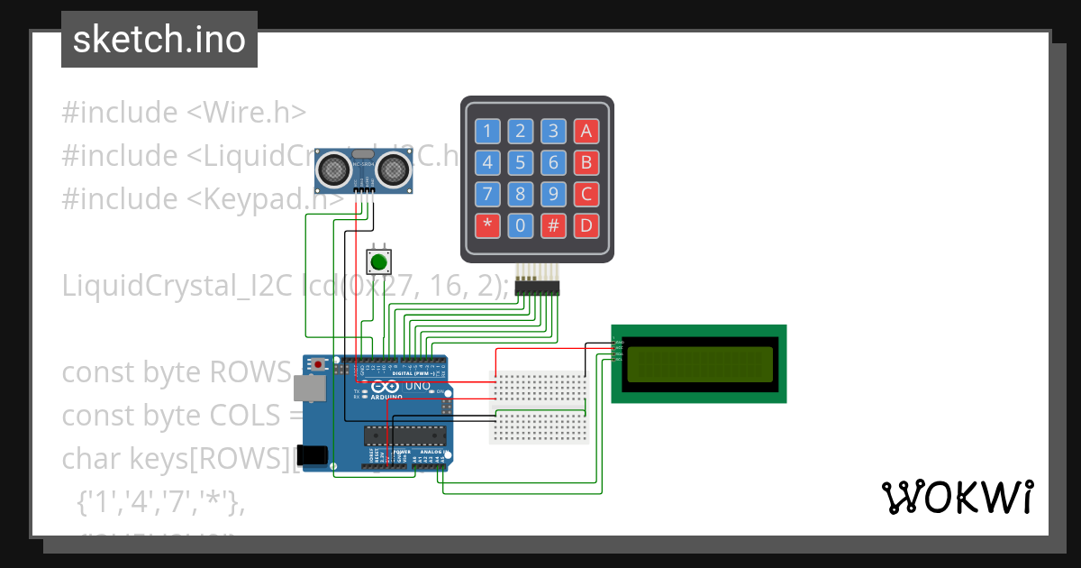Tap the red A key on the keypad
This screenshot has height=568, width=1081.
coord(586,132)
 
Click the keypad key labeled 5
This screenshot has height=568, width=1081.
coord(521,163)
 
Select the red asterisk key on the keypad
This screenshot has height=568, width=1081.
coord(487,225)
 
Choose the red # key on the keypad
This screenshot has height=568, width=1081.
coord(553,225)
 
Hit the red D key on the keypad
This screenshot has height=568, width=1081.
coord(586,225)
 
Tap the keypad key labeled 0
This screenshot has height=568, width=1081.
coord(521,225)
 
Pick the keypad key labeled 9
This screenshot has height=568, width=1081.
coord(553,194)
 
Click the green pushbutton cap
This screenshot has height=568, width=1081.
coord(378,262)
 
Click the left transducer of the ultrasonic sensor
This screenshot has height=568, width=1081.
coord(332,168)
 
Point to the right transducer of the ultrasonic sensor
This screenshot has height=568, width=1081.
coord(393,168)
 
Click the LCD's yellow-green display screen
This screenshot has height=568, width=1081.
coord(699,363)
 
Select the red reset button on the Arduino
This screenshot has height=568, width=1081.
coord(318,364)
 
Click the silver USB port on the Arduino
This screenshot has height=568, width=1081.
coord(309,388)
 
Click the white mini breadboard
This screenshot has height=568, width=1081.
coord(539,407)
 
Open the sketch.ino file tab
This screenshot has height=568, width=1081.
coord(159,40)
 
